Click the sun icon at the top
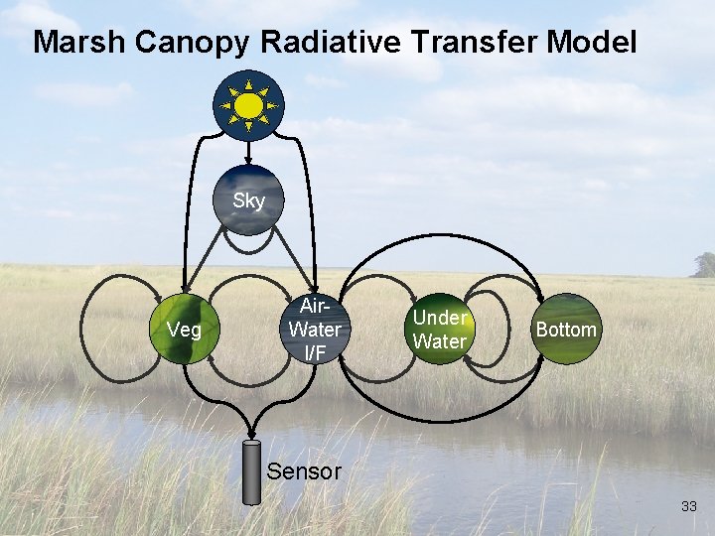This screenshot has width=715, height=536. (x=248, y=104)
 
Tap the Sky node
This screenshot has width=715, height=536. (x=248, y=201)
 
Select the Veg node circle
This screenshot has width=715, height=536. (x=185, y=330)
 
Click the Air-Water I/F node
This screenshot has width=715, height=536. (x=314, y=330)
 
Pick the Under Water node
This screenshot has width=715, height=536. (x=439, y=330)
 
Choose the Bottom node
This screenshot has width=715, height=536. (x=566, y=330)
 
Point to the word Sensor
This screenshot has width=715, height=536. (x=304, y=471)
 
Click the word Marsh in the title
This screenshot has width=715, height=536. (x=78, y=43)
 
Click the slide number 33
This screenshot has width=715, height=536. (x=689, y=507)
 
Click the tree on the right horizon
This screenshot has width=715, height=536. (x=704, y=265)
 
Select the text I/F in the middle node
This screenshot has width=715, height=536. (x=315, y=350)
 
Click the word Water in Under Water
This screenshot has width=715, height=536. (x=439, y=341)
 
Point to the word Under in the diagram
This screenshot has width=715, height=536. (x=439, y=318)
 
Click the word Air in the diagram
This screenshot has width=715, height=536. (x=313, y=308)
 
